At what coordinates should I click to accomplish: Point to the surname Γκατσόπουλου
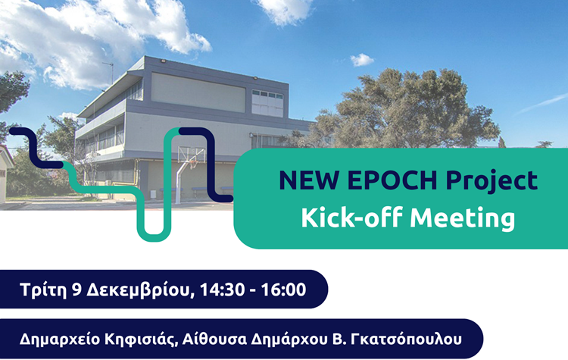coord(405,339)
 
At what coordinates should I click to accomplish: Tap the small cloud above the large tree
coord(362,59)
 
